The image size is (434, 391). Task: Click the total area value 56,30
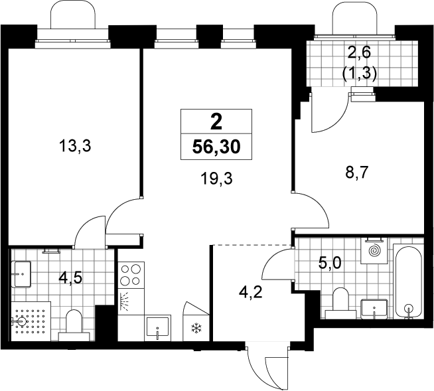[216, 147]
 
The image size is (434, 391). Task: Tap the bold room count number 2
[216, 122]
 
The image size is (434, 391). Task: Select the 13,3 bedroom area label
[75, 146]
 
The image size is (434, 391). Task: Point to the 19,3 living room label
[216, 179]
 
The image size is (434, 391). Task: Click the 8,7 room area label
[356, 173]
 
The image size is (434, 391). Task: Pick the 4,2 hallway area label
[250, 293]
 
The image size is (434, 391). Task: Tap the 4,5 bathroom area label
[70, 278]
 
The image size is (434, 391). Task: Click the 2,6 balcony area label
[359, 52]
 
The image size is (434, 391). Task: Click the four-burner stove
[131, 275]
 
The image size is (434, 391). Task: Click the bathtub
[409, 281]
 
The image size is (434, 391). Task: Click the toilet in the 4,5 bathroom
[74, 325]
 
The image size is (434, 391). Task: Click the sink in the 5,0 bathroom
[374, 309]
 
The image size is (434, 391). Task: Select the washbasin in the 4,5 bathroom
[21, 274]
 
